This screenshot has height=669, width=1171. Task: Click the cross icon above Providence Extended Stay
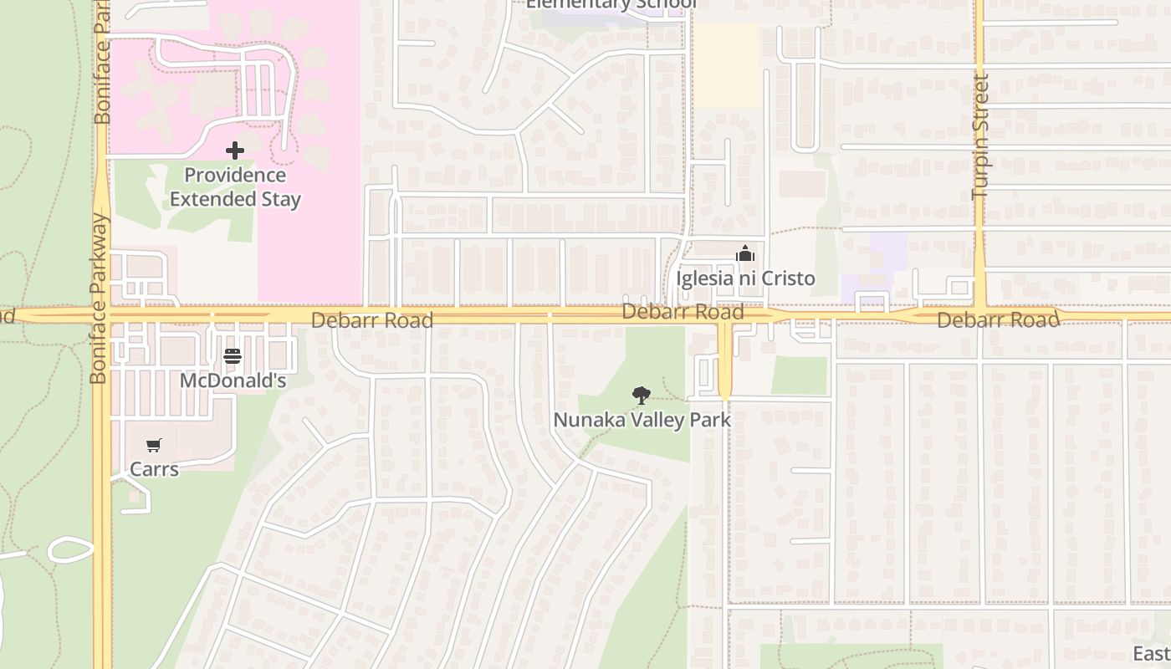pos(235,151)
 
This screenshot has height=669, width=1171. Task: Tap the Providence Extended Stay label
pos(235,187)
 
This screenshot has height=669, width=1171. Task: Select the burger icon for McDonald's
pos(233,357)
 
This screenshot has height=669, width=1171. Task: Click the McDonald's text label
pos(233,381)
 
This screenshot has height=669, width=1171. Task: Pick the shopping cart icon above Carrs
pos(153,446)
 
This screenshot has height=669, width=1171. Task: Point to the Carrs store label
pos(154,469)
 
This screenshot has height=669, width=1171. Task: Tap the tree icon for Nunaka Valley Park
pos(642,395)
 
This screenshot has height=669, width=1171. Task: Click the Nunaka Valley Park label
pos(642,420)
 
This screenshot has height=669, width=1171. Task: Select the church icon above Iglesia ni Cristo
pos(745,253)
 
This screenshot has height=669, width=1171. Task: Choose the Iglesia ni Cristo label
pos(745,278)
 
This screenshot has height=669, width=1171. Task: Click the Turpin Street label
pos(980,136)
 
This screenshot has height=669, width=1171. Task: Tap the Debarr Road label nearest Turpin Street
pos(998,320)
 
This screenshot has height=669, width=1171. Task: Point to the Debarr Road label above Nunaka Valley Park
pos(683,313)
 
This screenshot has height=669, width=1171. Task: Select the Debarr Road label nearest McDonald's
pos(372,320)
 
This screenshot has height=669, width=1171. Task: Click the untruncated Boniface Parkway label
pos(100,299)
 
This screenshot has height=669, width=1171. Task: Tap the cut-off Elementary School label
pos(611,4)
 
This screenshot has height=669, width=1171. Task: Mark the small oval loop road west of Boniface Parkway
pos(70,549)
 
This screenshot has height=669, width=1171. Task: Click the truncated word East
pos(1152,653)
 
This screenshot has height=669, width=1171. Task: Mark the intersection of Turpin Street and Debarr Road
pos(979,315)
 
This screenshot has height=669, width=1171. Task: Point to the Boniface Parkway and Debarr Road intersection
pos(101,315)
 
